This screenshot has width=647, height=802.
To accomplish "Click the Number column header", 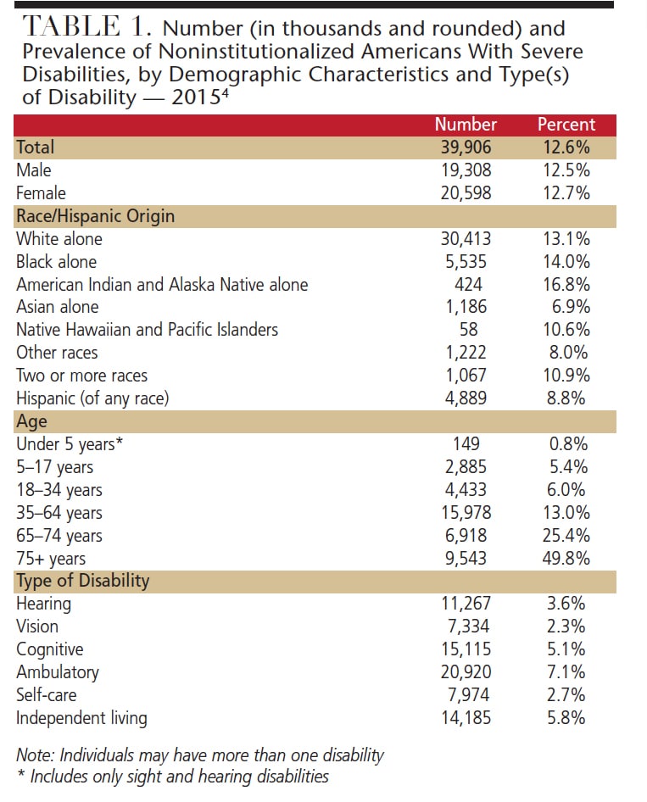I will click(466, 125).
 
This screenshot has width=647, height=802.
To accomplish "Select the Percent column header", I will click(566, 125).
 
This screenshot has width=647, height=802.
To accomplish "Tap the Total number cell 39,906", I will click(466, 148).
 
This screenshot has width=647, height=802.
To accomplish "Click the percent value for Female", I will click(566, 193).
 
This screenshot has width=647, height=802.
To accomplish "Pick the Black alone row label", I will click(57, 262).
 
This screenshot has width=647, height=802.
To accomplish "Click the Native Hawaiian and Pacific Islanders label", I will click(147, 330).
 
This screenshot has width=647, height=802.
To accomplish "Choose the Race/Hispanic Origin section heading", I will click(96, 216).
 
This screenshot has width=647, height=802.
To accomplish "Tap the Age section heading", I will click(32, 421).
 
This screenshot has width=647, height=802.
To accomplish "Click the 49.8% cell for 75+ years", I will click(566, 559).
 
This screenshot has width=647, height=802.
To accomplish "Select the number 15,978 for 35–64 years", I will click(466, 513).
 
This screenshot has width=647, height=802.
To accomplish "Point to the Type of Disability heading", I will click(83, 582).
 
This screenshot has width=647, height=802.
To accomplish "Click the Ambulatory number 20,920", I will click(466, 672).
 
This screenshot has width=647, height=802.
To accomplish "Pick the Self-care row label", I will click(47, 695).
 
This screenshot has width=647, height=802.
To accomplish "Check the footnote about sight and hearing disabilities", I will click(173, 776).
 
